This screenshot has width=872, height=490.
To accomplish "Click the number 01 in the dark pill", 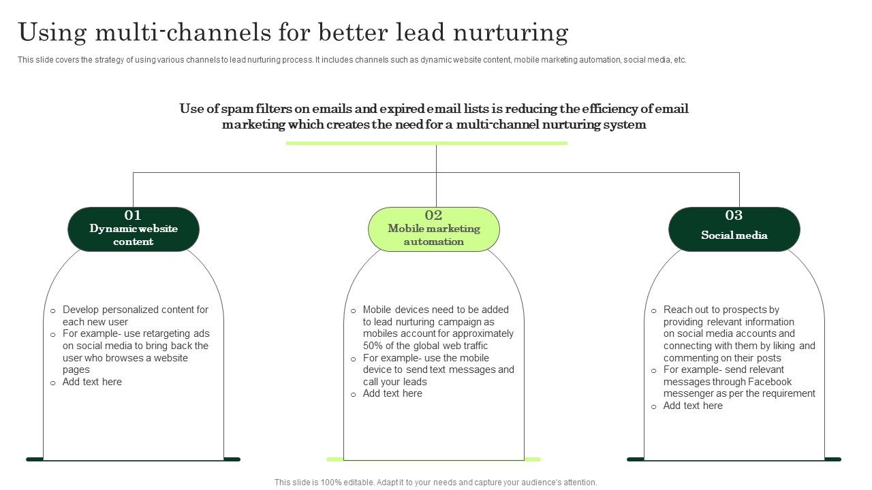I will click(133, 216).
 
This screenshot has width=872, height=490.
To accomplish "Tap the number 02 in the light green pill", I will click(434, 216).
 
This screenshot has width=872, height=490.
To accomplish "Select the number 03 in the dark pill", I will click(734, 216).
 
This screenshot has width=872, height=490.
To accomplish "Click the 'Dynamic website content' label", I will click(134, 235).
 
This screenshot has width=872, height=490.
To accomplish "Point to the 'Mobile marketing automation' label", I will click(434, 235).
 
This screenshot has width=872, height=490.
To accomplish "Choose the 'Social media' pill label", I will click(734, 235).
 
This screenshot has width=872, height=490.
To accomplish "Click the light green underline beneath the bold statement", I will click(426, 143).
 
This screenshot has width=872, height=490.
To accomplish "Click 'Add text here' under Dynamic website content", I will click(92, 382).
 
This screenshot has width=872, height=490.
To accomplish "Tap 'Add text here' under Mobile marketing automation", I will click(392, 393).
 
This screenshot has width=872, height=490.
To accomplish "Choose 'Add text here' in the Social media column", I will click(693, 406).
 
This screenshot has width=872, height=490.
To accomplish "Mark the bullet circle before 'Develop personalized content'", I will click(53, 310).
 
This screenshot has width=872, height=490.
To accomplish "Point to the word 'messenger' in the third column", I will click(689, 393).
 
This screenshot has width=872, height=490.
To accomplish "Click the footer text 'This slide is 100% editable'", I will click(435, 482).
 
